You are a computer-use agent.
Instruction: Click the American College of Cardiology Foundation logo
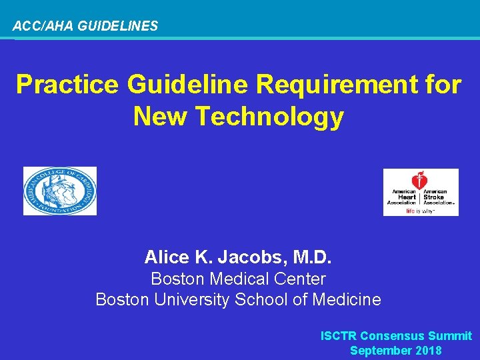pos(60,191)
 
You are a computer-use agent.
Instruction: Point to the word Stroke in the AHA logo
pos(434,197)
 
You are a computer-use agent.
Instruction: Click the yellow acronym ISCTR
pos(339,336)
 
